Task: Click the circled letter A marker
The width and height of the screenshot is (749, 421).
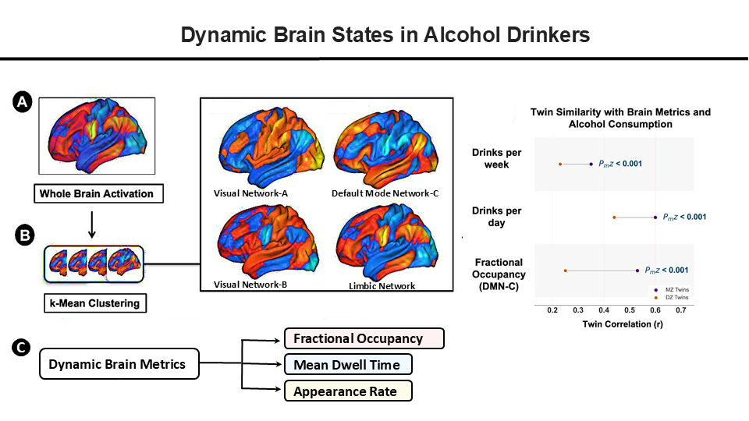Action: pyautogui.click(x=23, y=102)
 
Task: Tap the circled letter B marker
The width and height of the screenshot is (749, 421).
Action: pyautogui.click(x=24, y=235)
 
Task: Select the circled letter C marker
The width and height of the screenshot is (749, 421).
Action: pyautogui.click(x=21, y=348)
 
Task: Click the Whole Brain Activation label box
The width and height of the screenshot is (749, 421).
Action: pyautogui.click(x=98, y=194)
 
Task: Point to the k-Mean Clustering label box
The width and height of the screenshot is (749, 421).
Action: pyautogui.click(x=95, y=303)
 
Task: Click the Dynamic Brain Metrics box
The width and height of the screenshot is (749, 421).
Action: pyautogui.click(x=119, y=364)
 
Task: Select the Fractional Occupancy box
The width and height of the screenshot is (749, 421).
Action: pyautogui.click(x=364, y=338)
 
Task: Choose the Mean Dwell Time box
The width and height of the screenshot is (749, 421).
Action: pyautogui.click(x=348, y=365)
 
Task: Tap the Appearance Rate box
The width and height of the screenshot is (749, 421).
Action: pyautogui.click(x=348, y=391)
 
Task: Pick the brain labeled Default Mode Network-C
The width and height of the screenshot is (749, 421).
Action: pyautogui.click(x=386, y=148)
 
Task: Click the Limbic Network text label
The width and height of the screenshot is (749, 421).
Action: pyautogui.click(x=382, y=286)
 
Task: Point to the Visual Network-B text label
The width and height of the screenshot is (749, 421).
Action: pyautogui.click(x=250, y=285)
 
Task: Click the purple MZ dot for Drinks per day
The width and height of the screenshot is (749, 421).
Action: pyautogui.click(x=655, y=218)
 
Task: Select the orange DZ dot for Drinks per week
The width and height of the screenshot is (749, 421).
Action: pyautogui.click(x=560, y=165)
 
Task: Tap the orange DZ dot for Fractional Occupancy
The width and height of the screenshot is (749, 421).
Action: pyautogui.click(x=566, y=271)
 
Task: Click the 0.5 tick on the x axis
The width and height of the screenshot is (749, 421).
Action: pyautogui.click(x=630, y=310)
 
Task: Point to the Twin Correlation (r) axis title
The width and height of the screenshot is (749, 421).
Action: pyautogui.click(x=623, y=324)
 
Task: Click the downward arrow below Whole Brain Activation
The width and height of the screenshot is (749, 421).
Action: pyautogui.click(x=92, y=225)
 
